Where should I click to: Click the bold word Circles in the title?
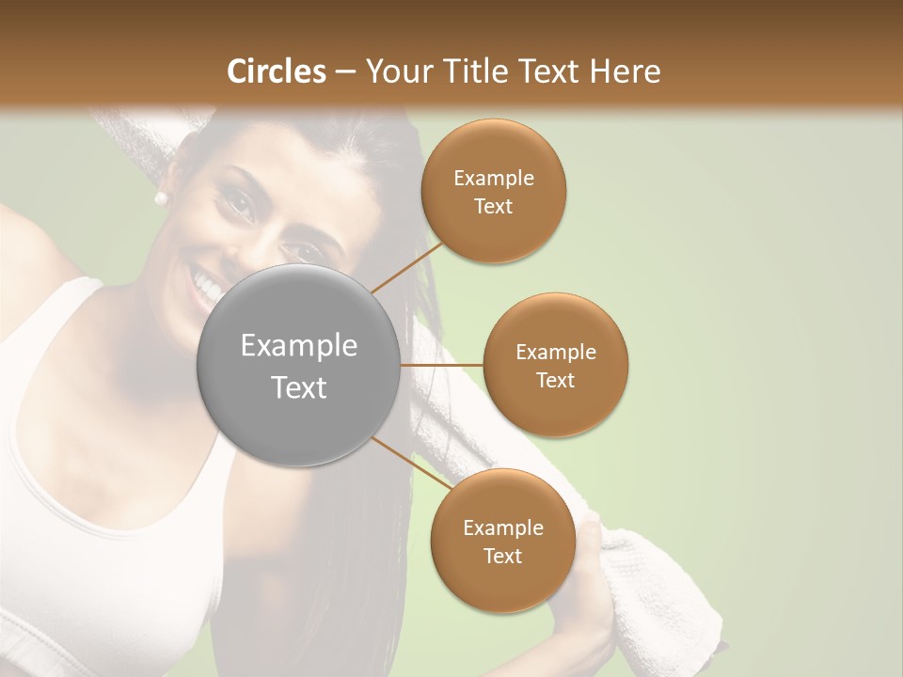click(277, 71)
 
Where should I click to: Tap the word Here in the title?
click(626, 71)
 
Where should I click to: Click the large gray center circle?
click(299, 365)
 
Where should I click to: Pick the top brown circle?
click(494, 191)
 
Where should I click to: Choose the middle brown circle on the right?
click(556, 365)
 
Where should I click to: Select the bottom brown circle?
click(502, 542)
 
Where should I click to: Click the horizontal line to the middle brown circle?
click(442, 365)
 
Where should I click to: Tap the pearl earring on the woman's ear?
click(161, 197)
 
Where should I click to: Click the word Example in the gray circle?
click(299, 346)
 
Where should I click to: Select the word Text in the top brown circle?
click(494, 206)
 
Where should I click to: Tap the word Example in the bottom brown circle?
click(502, 528)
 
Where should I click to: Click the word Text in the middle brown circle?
click(556, 380)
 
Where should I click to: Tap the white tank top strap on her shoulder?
click(71, 310)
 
